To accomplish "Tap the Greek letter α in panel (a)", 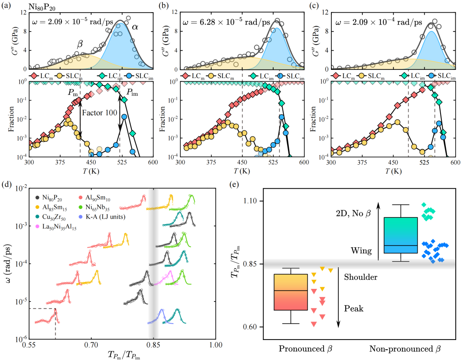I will pos(135,27).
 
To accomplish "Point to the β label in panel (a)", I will pos(81,43).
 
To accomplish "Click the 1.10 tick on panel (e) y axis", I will pos(255,201).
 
